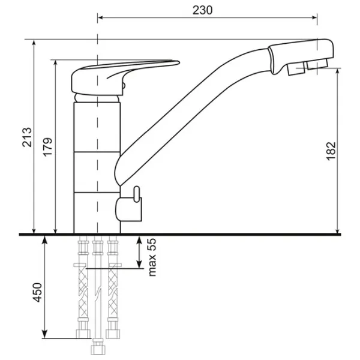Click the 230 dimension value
tap(203, 10)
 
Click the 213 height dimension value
tap(27, 137)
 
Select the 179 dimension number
tap(48, 147)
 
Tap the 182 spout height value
tap(331, 151)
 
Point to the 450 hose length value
tap(37, 292)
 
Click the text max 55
tap(152, 257)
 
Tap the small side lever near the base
tap(136, 194)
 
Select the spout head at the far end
tap(301, 56)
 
